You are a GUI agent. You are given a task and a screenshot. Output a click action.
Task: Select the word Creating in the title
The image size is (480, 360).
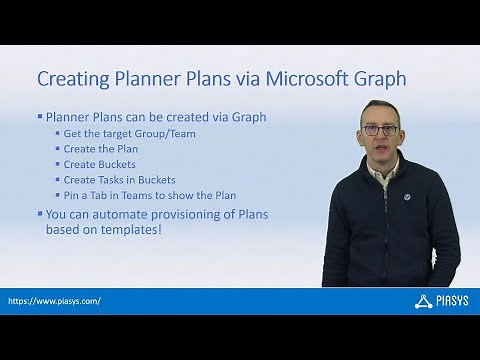coord(74,77)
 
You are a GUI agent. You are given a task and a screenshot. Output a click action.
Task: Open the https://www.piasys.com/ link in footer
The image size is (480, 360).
coord(54,300)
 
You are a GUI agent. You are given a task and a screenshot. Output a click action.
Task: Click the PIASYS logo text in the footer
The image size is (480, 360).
coord(446,300)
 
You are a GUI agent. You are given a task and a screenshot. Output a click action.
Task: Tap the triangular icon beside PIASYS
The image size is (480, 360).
coord(421,300)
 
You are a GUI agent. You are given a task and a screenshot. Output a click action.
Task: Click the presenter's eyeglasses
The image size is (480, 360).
coord(383,130)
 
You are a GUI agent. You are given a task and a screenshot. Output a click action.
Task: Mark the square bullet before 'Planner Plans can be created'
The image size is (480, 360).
coord(40,115)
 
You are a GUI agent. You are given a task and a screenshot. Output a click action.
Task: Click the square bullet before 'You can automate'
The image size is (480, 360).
coord(40,213)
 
